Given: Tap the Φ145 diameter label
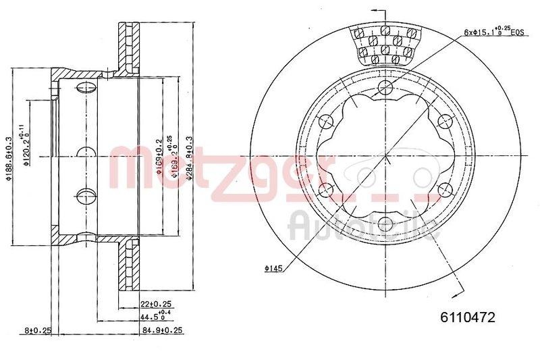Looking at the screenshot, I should (x=273, y=269).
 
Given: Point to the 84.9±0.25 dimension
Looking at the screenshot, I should (x=162, y=330).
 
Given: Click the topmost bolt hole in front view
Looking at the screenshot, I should (x=385, y=87).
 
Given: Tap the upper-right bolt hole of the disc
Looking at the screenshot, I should (x=444, y=122).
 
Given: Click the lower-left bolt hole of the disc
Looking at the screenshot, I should (x=326, y=189).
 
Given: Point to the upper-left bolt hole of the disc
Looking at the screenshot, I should (x=326, y=122).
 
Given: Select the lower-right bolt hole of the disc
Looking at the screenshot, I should (x=444, y=189).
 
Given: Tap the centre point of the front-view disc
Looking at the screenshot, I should (x=385, y=155).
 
